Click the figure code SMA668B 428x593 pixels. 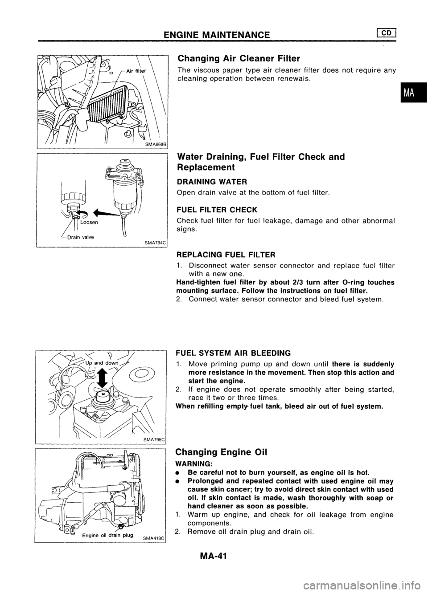(x=153, y=144)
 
